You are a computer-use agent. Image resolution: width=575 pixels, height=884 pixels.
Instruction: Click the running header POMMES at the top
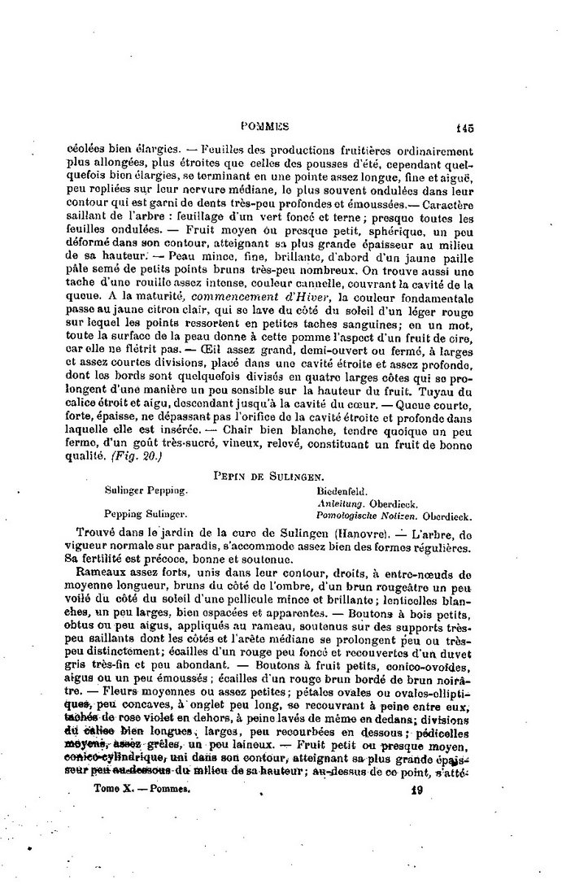coord(266,126)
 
